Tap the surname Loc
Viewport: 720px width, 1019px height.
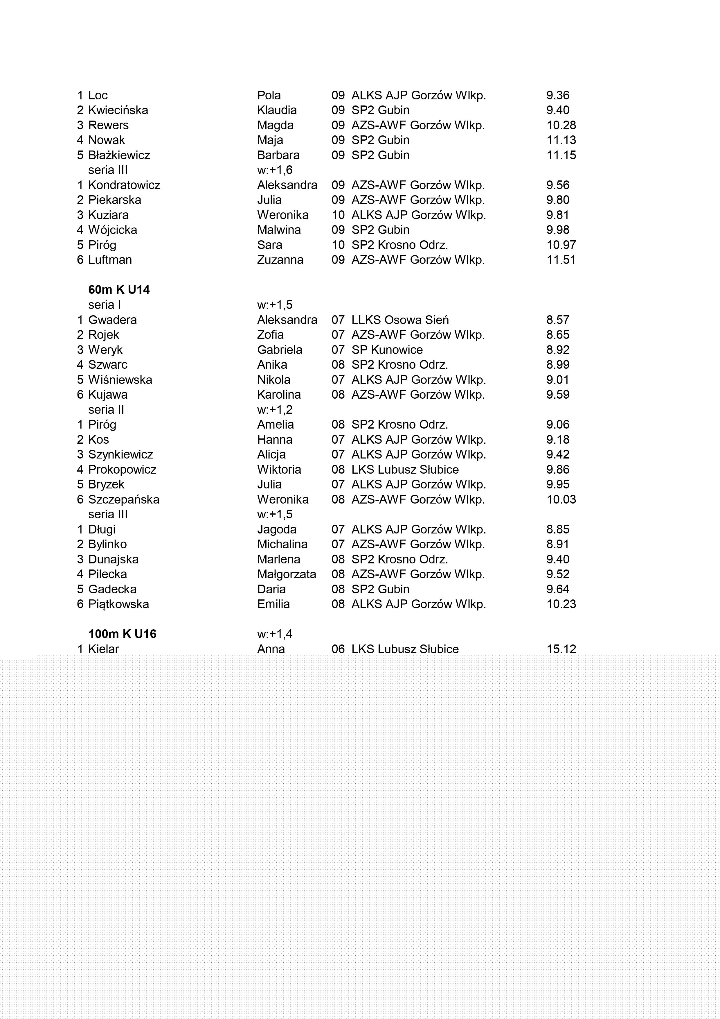coord(98,95)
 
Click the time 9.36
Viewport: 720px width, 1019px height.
coord(558,95)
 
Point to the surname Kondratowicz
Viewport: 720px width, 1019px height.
coord(124,185)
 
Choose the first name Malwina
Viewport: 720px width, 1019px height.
coord(279,230)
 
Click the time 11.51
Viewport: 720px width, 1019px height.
coord(561,260)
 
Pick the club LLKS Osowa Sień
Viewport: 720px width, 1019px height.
coord(400,320)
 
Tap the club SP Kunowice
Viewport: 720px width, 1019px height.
coord(387,350)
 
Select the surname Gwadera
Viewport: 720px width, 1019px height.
coord(113,320)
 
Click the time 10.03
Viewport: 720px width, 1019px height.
coord(561,499)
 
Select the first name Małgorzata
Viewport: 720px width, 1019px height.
coord(287,574)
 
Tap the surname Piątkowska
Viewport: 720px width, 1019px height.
coord(118,604)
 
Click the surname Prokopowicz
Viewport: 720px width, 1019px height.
coord(122,470)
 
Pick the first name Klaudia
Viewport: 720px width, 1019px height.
coord(277,110)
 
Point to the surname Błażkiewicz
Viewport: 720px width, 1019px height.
coord(119,155)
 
